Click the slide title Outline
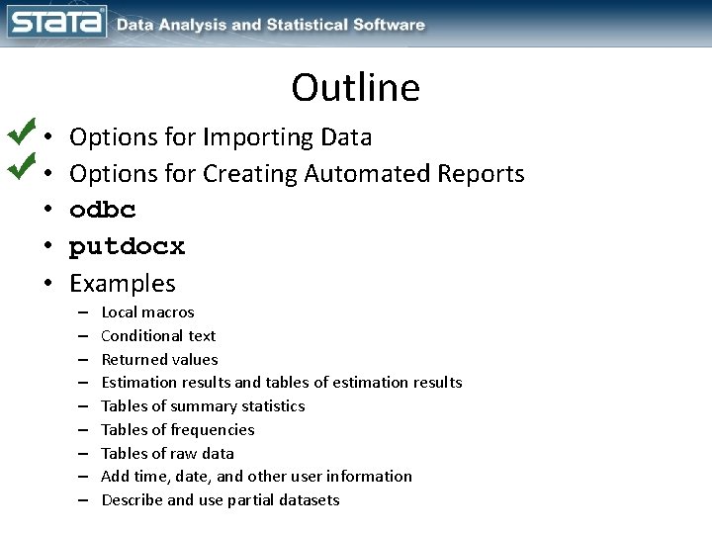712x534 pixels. pos(355,88)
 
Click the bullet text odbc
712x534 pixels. pos(103,210)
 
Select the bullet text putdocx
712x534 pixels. pos(127,246)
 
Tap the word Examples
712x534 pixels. pos(122,283)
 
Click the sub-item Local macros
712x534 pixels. pos(147,312)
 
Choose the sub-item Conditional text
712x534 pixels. pos(158,336)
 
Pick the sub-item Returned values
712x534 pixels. pos(159,359)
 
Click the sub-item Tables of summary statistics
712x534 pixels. pos(203,406)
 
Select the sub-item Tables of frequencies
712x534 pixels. pos(177,429)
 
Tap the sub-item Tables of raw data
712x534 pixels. pos(167,453)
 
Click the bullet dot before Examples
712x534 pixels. pos(48,285)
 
